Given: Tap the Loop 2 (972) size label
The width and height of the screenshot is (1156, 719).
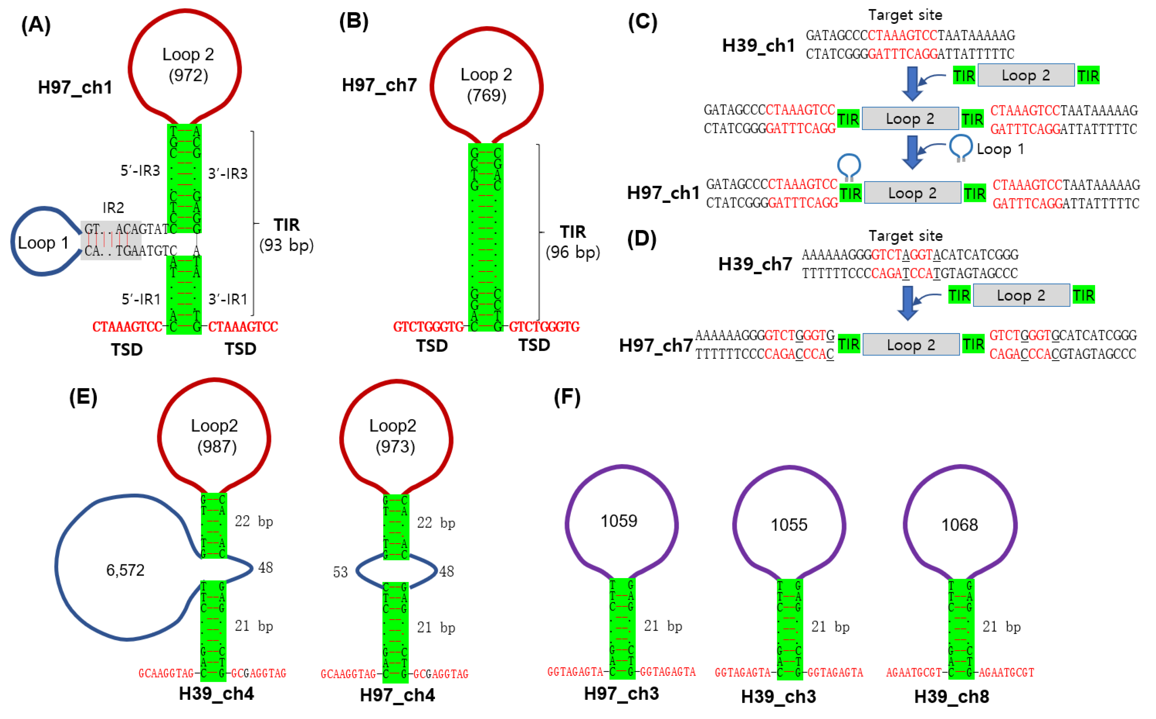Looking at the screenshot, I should tap(188, 65).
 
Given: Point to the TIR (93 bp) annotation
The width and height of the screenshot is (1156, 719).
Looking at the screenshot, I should tap(287, 235).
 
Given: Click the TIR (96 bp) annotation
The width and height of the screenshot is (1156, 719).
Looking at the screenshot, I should tap(572, 241).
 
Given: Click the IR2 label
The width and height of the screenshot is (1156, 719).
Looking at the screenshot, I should tap(113, 208).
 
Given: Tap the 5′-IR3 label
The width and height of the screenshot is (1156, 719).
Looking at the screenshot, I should tap(140, 170).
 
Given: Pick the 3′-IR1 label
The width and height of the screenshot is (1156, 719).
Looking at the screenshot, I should tap(228, 299).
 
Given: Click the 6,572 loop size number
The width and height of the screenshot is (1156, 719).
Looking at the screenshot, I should tap(125, 570).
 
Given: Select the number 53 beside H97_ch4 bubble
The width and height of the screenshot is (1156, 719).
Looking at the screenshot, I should tap(340, 572).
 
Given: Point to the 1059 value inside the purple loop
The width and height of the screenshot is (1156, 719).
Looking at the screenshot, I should tap(619, 521).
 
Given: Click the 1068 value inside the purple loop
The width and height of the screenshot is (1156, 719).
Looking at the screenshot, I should tap(959, 525).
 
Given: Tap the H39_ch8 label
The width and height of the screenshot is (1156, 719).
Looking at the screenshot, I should tap(951, 696).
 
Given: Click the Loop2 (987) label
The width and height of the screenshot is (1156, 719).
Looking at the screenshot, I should tap(215, 436).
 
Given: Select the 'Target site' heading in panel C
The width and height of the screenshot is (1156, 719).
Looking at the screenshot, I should tap(905, 15).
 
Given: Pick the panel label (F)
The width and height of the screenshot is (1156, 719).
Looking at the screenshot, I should tap(567, 397).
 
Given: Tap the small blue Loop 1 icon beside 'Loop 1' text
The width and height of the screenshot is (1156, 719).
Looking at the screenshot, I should tap(961, 147).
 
